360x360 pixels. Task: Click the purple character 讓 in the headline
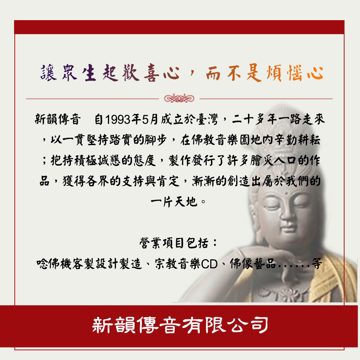click(x=49, y=73)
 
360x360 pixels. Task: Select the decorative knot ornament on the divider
click(x=179, y=99)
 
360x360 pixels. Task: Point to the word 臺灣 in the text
click(x=207, y=120)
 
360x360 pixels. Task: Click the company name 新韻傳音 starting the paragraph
click(x=58, y=120)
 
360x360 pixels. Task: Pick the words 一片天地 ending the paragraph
click(x=174, y=202)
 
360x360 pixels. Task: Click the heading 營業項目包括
click(x=174, y=243)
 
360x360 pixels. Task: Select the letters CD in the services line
click(x=209, y=264)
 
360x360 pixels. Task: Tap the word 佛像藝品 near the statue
click(x=253, y=264)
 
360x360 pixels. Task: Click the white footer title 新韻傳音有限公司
click(x=180, y=325)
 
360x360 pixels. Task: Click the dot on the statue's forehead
click(x=286, y=192)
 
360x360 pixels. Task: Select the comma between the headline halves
click(x=192, y=73)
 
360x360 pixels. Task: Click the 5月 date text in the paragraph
click(x=150, y=120)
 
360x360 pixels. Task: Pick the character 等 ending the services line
click(x=317, y=264)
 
